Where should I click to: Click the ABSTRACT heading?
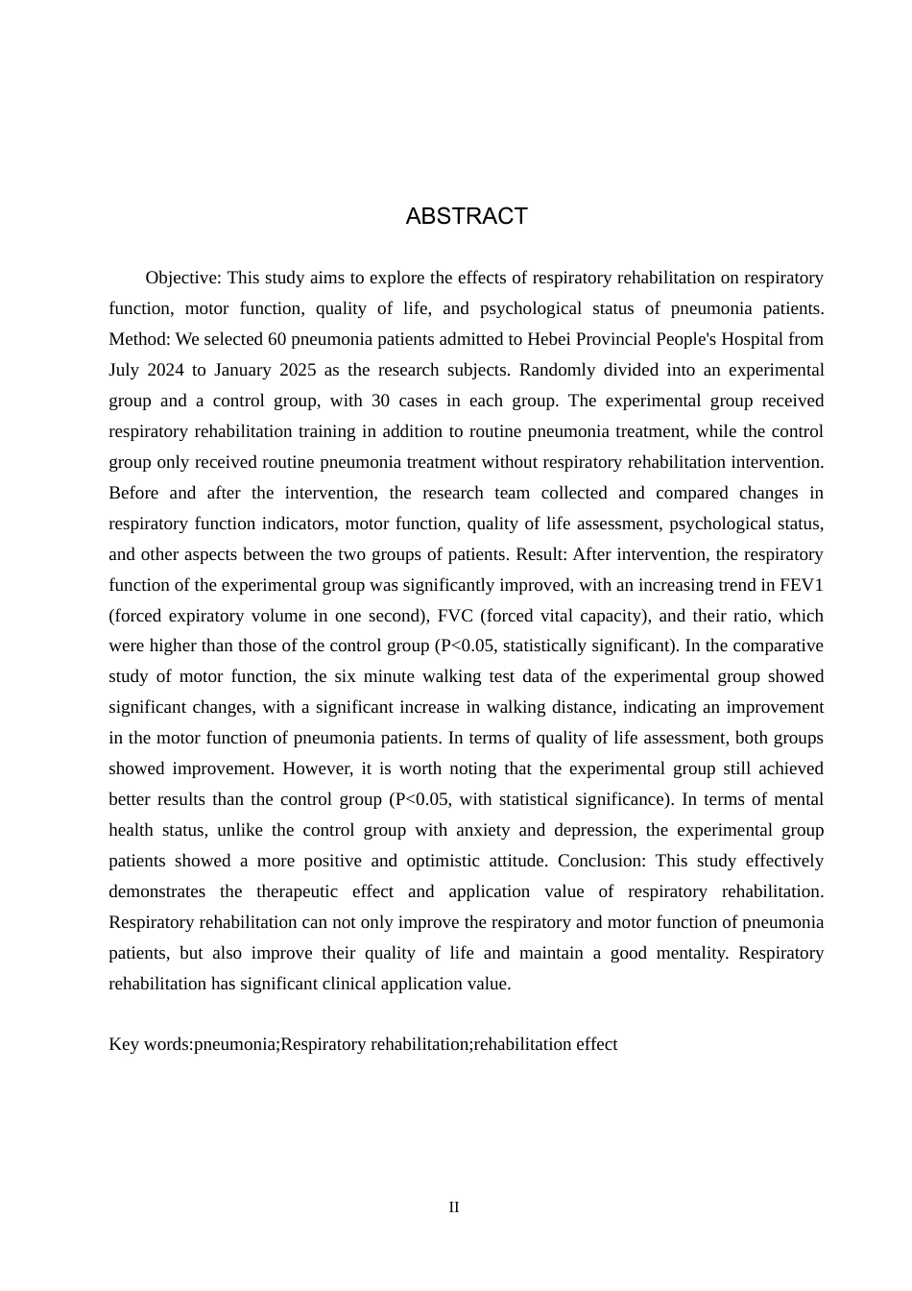coord(467,217)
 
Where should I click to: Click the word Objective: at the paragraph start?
coord(183,279)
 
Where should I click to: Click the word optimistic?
coord(475,862)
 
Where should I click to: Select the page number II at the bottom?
coord(454,1208)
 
